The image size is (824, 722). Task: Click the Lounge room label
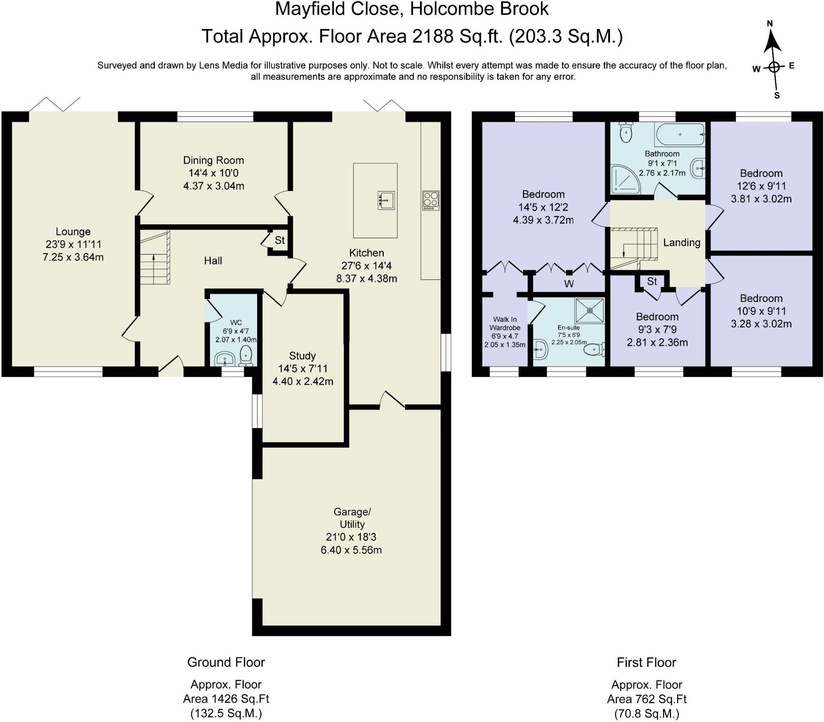coord(73,232)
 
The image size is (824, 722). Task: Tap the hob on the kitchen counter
coord(431,200)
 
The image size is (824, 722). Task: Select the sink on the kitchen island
coord(386,200)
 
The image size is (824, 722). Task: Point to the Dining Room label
coord(213,160)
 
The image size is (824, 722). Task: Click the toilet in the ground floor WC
coord(245,356)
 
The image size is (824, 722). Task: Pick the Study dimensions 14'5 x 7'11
coord(303,369)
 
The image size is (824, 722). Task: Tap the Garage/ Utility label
coord(352,518)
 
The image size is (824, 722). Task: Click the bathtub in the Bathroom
coord(680,134)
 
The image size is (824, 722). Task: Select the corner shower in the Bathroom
coord(625,179)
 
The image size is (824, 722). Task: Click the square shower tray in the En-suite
coord(590,311)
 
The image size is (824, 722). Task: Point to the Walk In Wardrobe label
coord(505,324)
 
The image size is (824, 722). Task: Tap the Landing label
coord(682,242)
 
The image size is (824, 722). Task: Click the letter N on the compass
coord(770,24)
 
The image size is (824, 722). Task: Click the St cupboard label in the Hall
coord(280,240)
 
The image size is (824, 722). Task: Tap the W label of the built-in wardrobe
coord(569,284)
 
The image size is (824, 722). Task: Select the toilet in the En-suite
coord(595,349)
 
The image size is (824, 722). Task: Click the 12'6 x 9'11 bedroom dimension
coord(762,186)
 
